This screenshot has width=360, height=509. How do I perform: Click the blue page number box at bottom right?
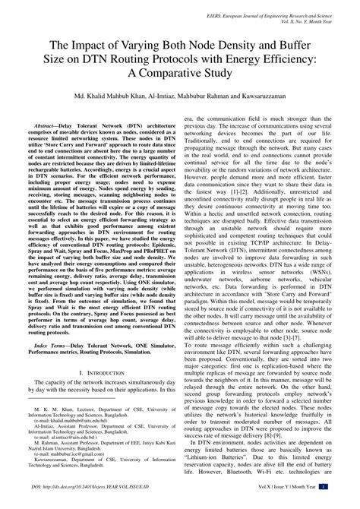(344, 504)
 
